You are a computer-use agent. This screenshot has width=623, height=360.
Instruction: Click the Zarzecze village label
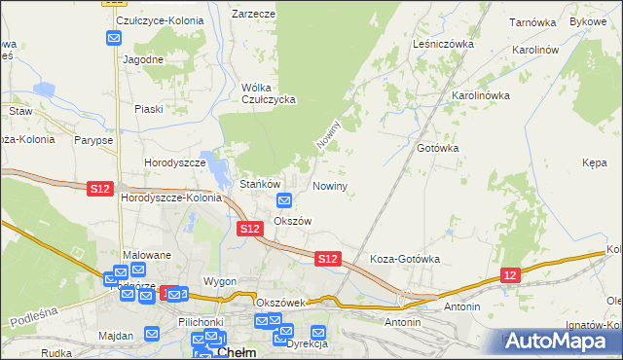253,15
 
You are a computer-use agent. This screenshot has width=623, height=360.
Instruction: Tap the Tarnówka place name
531,20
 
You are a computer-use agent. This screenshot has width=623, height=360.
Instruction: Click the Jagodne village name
143,58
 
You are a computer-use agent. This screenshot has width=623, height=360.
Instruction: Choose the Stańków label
261,184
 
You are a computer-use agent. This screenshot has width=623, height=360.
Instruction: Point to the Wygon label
220,281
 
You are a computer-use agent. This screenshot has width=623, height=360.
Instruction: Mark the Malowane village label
147,255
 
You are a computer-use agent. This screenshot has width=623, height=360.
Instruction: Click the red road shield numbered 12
512,276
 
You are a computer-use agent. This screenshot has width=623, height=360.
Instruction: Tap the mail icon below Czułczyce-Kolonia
114,39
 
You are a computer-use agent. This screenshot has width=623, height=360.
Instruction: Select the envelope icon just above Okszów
284,201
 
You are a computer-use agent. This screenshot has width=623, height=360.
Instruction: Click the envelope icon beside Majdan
152,334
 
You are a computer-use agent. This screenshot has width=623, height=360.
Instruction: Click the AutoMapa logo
559,341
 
